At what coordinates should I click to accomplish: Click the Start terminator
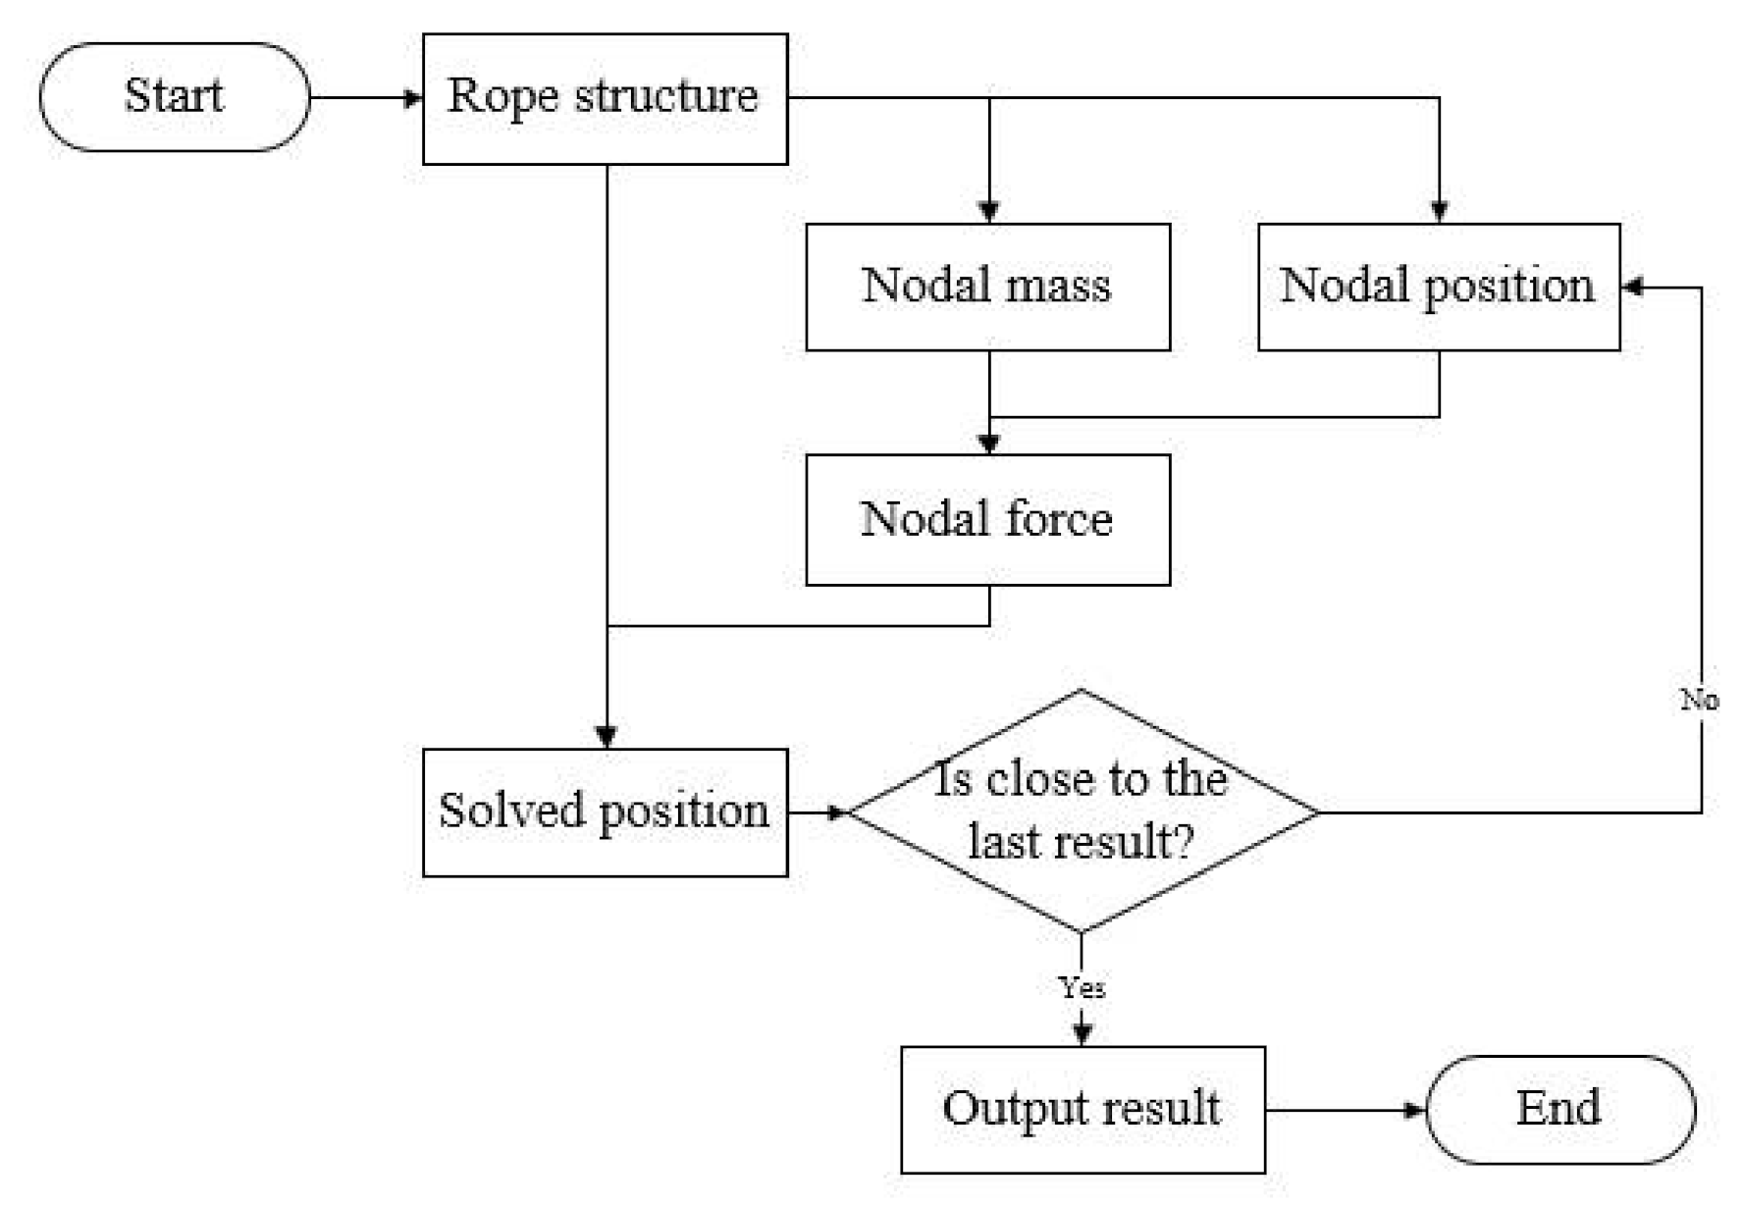point(175,97)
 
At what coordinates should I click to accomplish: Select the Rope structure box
point(605,98)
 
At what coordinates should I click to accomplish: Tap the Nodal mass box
point(987,287)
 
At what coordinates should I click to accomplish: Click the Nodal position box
point(1439,287)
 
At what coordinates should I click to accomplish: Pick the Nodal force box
point(987,519)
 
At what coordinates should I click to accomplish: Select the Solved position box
point(605,812)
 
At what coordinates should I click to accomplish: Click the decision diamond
point(1082,812)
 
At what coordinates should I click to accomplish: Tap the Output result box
point(1083,1109)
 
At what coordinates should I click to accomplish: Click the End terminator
point(1559,1109)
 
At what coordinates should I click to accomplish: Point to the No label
point(1699,700)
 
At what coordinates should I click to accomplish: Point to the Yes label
point(1082,986)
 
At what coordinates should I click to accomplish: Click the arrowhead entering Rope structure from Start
point(413,98)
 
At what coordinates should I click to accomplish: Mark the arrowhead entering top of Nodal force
point(989,444)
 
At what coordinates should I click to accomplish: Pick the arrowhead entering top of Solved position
point(607,737)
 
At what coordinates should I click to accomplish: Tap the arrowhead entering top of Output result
point(1083,1034)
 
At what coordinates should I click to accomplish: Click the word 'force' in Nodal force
point(1058,519)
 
